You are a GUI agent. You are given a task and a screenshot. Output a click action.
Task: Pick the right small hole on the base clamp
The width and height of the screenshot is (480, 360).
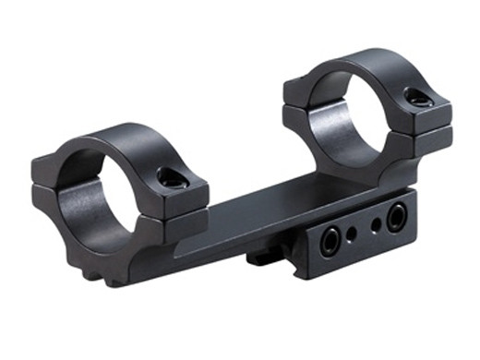(x=376, y=224)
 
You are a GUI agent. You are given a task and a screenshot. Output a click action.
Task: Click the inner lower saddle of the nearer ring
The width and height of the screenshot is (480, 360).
(x=88, y=205)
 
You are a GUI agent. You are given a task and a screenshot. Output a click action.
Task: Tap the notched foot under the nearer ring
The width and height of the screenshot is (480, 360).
(x=92, y=268)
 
